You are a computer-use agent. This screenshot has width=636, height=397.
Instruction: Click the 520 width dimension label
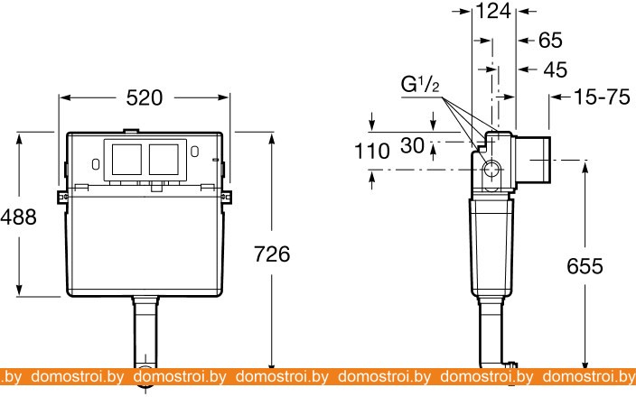(x=144, y=97)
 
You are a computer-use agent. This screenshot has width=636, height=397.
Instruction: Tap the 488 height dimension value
(x=19, y=217)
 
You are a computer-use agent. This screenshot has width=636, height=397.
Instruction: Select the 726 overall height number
(x=272, y=254)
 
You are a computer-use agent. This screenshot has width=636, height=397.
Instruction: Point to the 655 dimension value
(x=585, y=266)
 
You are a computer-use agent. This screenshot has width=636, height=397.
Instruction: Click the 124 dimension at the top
(x=493, y=11)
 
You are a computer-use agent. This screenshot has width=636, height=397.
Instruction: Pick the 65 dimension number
(x=550, y=40)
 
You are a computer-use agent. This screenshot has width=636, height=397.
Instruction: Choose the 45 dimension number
(x=556, y=69)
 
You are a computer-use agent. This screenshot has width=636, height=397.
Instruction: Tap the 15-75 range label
(x=602, y=97)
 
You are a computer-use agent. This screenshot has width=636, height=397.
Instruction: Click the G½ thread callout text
(x=420, y=85)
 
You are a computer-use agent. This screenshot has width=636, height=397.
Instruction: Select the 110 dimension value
(x=372, y=151)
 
